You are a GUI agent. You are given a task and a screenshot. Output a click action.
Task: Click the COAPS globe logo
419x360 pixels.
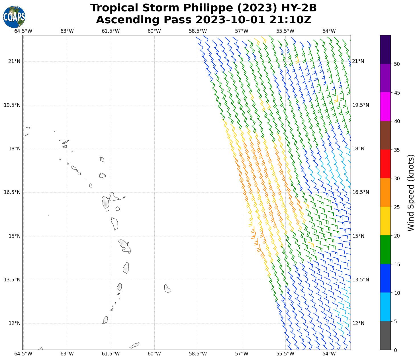coord(14,17)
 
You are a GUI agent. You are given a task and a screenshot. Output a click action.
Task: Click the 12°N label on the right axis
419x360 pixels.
coord(358,323)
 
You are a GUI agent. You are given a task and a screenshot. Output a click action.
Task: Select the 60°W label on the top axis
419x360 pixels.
coord(154,31)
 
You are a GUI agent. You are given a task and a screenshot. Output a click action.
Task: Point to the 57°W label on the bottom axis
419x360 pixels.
coord(242,354)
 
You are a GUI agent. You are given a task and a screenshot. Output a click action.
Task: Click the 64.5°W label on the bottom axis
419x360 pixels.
coord(23,354)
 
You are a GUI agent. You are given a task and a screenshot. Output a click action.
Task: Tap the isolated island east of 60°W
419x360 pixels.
coord(167,289)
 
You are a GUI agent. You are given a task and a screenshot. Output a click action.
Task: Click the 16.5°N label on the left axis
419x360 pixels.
coord(12,192)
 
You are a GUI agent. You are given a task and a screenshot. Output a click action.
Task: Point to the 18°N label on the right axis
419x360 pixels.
coord(358,149)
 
